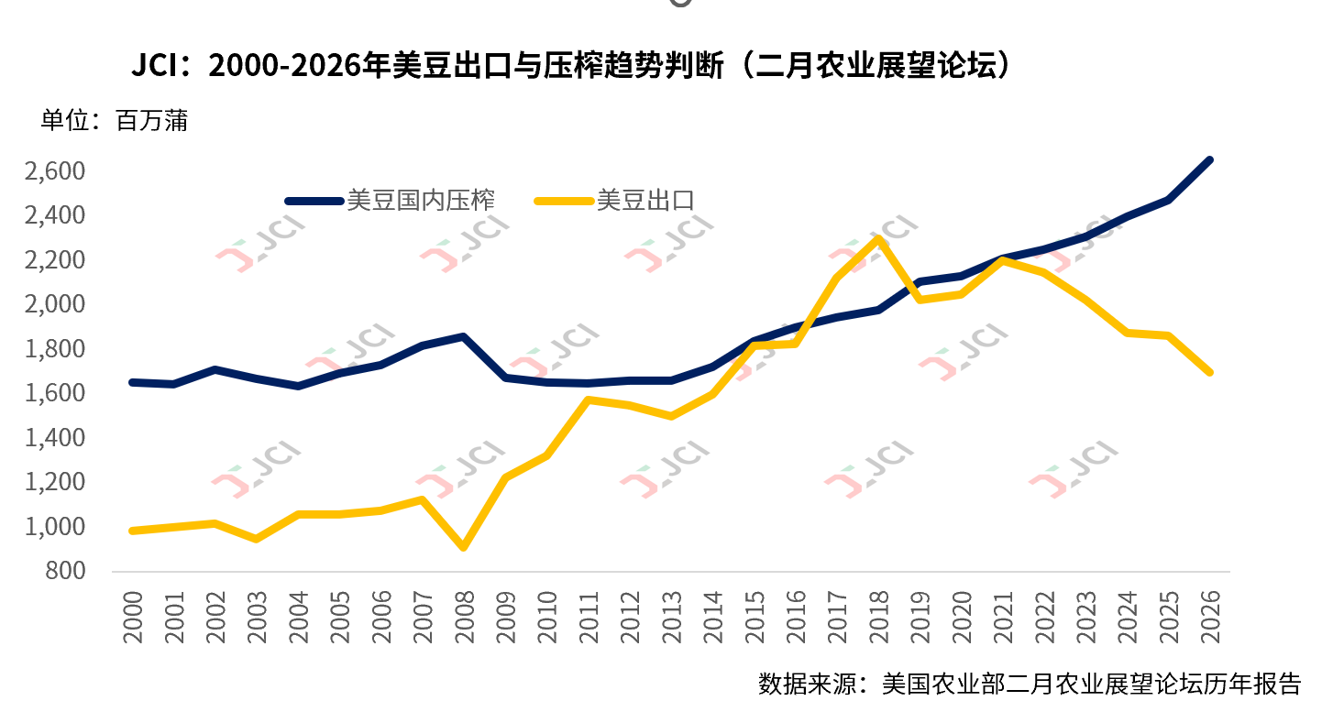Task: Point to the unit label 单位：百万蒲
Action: click(x=114, y=120)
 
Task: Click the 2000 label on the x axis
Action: click(x=133, y=616)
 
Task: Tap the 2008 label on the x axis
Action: click(x=464, y=616)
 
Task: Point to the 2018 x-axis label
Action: click(x=877, y=616)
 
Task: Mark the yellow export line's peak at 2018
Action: click(x=878, y=239)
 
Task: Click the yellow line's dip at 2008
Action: click(x=464, y=547)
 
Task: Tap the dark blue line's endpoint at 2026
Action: click(x=1209, y=160)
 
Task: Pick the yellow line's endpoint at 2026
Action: click(x=1209, y=372)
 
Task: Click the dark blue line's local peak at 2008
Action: click(x=464, y=337)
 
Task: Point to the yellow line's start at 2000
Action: click(x=133, y=531)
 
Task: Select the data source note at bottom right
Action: click(x=1029, y=685)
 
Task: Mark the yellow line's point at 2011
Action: click(x=588, y=400)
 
